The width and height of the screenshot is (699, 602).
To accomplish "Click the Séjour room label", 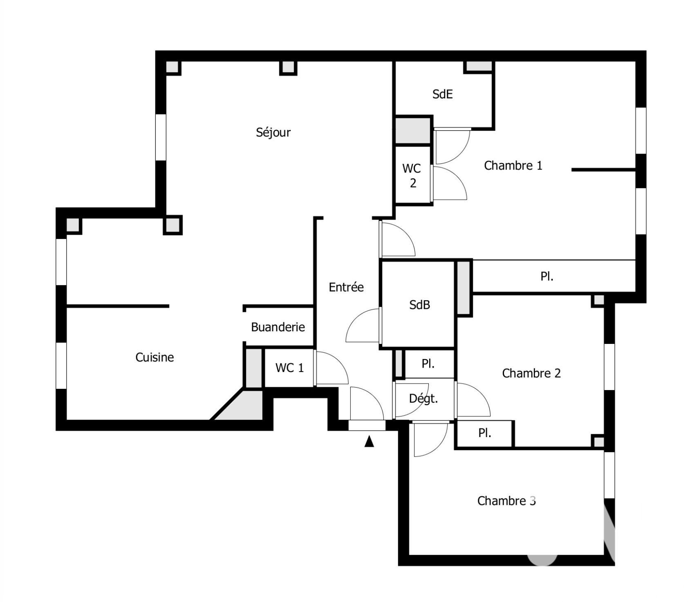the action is click(273, 132).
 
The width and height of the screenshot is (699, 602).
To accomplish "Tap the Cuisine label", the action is click(155, 357).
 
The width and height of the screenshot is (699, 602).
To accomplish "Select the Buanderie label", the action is click(278, 327).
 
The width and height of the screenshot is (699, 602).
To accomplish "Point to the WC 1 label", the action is click(289, 368).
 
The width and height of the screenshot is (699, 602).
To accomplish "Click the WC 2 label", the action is click(412, 176).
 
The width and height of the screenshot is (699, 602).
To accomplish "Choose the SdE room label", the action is click(443, 94).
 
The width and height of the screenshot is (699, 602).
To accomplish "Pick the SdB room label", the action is click(420, 305).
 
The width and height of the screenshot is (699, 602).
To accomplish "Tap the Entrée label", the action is click(346, 287).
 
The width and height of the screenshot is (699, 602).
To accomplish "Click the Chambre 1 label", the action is click(513, 165).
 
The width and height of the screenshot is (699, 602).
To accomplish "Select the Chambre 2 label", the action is click(531, 373).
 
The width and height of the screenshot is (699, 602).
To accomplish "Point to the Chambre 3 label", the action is click(506, 501).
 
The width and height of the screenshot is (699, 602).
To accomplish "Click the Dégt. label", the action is click(423, 399).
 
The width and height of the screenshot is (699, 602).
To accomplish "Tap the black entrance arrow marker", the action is click(369, 441).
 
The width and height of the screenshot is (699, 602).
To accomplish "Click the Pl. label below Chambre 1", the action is click(547, 276).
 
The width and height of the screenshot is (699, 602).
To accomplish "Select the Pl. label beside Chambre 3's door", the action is click(485, 433).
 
